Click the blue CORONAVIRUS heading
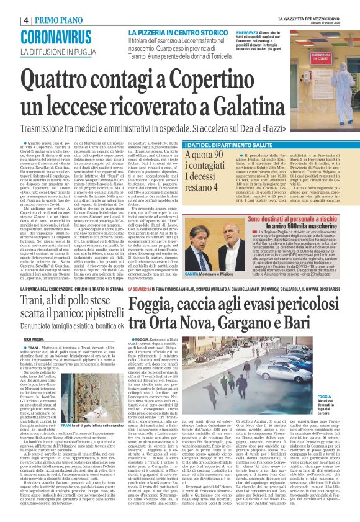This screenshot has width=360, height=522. [64, 38]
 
